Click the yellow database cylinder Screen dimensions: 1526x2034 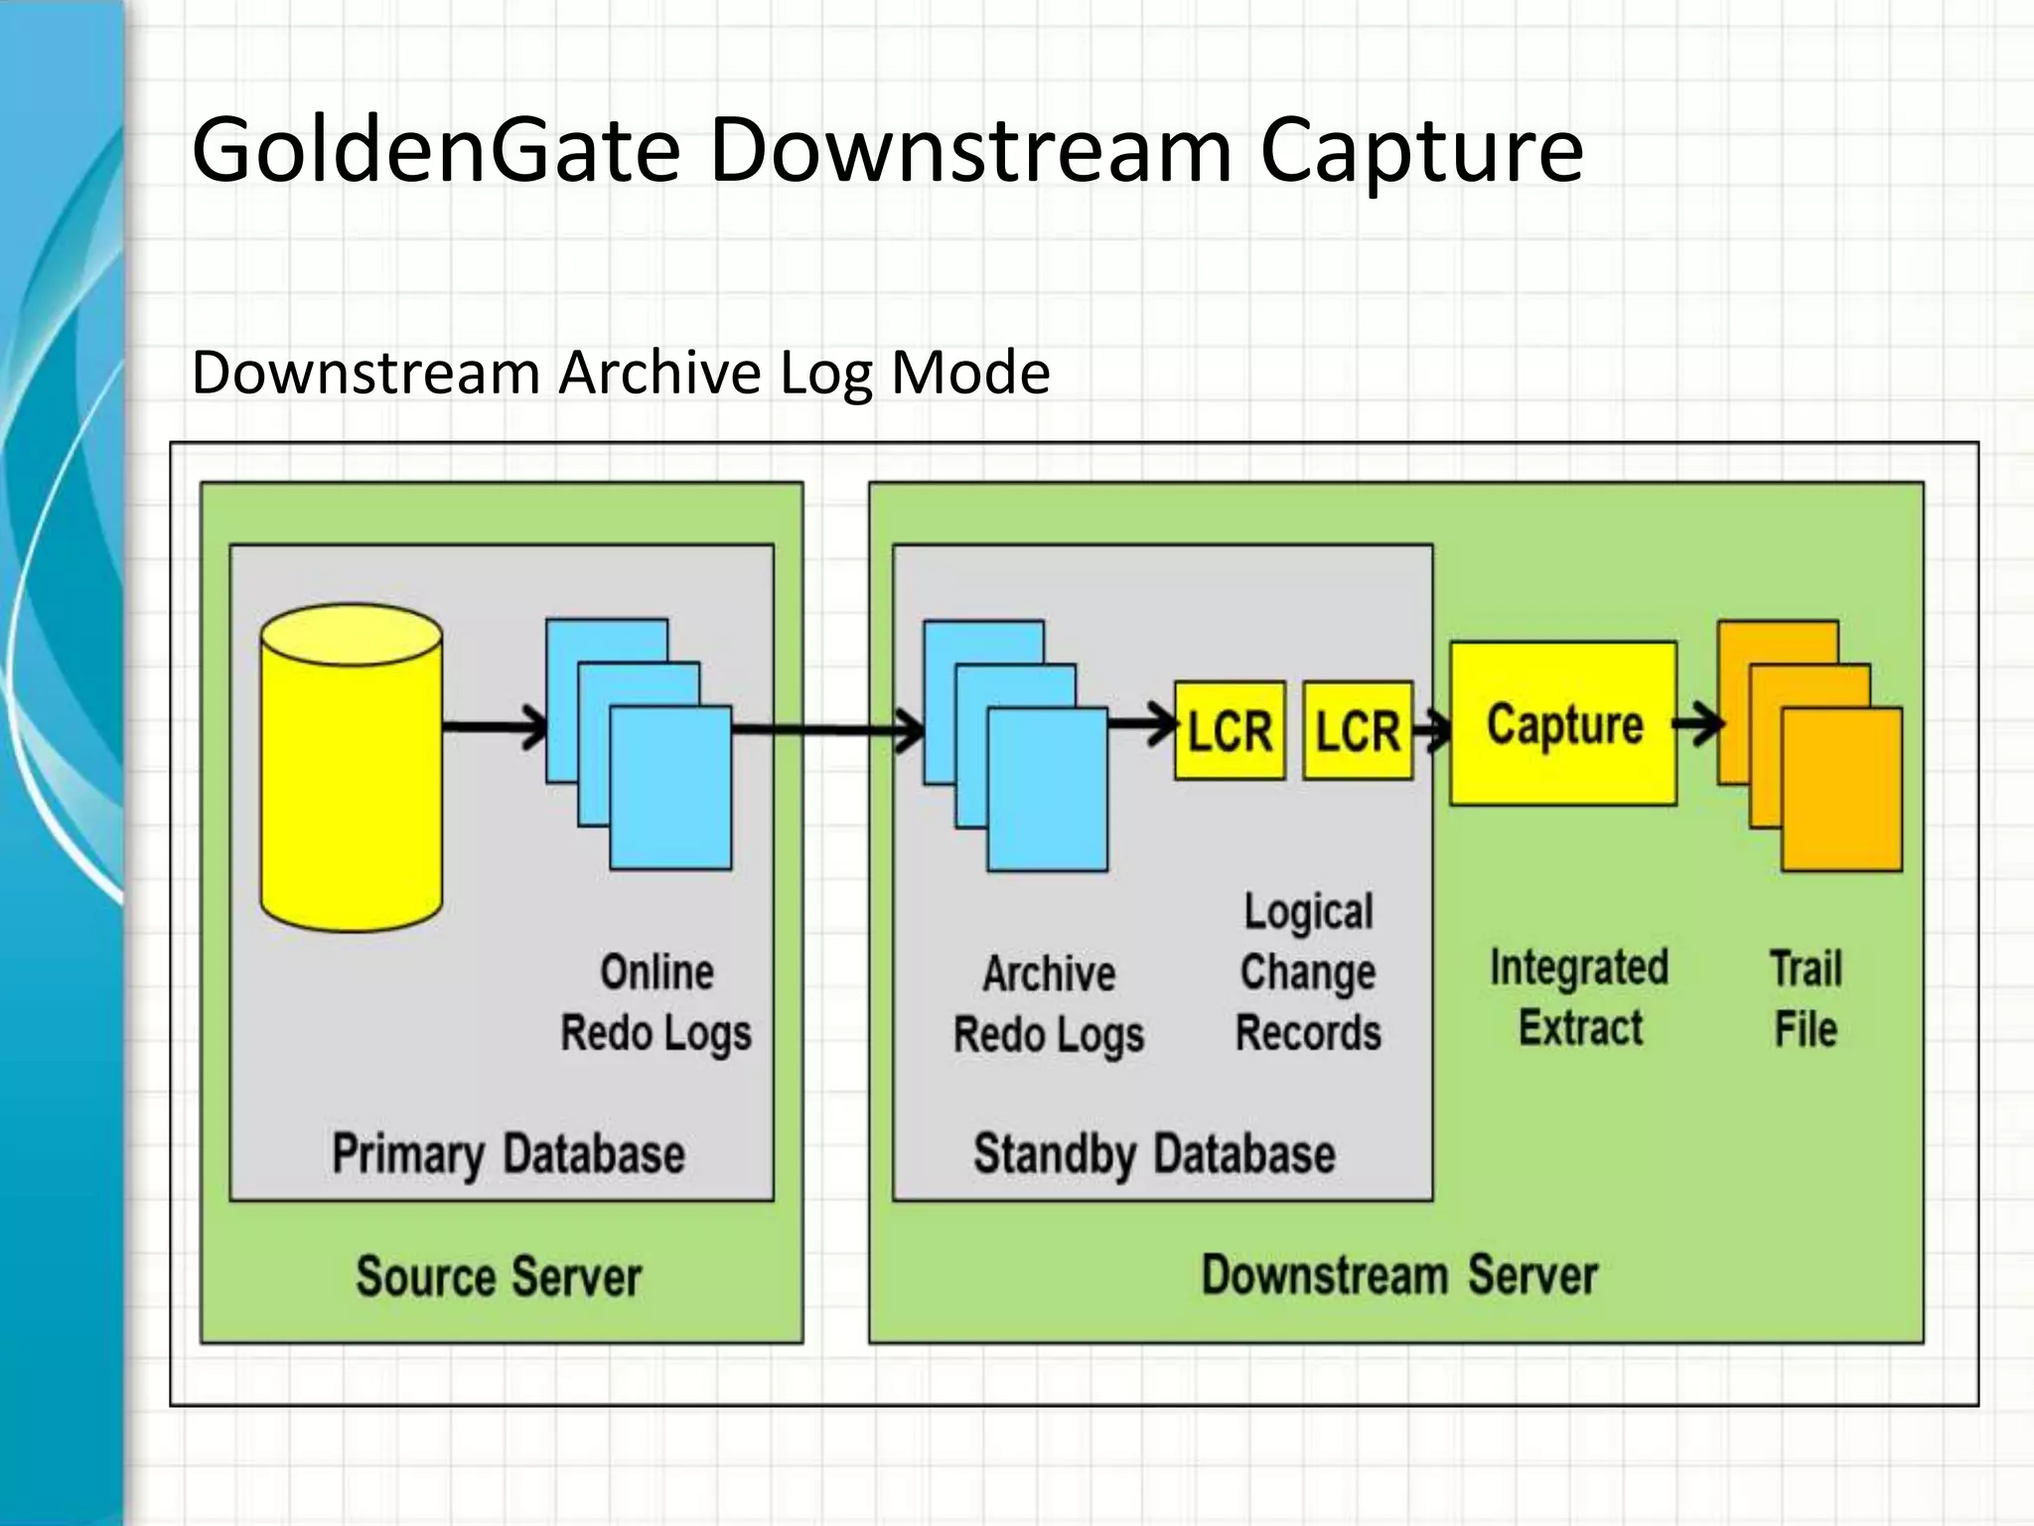click(x=352, y=770)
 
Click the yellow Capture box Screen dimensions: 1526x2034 click(x=1563, y=723)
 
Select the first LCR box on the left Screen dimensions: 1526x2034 click(x=1230, y=730)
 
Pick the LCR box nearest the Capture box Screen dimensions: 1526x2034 click(x=1357, y=730)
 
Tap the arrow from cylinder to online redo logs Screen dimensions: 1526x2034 click(x=495, y=727)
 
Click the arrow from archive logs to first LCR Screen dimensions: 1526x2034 click(x=1142, y=725)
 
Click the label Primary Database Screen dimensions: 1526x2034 click(x=508, y=1154)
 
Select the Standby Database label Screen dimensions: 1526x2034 click(x=1154, y=1154)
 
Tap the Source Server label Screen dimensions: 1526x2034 click(x=499, y=1277)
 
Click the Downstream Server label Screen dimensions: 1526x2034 click(x=1398, y=1275)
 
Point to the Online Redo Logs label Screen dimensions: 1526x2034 click(x=655, y=1003)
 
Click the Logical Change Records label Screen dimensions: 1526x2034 click(x=1308, y=973)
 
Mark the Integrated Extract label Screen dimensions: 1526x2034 click(x=1579, y=997)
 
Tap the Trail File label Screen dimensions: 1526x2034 click(x=1806, y=998)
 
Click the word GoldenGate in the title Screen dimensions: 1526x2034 click(x=435, y=151)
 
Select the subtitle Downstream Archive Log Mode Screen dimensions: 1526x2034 click(x=621, y=373)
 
